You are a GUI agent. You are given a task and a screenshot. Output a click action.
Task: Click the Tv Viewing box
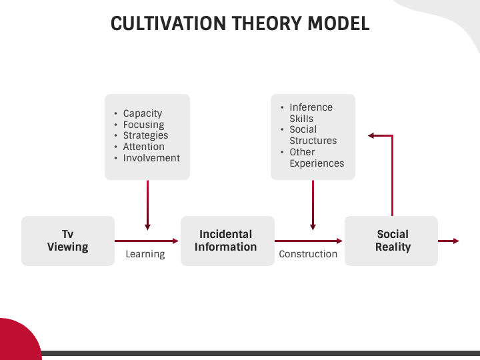click(67, 241)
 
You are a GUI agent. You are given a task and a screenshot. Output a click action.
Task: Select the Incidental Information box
click(226, 241)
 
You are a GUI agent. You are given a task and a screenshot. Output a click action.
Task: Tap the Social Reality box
click(392, 241)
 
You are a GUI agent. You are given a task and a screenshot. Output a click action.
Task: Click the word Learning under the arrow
click(145, 254)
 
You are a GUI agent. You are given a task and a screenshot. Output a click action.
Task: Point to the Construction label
click(308, 254)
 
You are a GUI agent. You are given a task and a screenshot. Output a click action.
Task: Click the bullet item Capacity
click(142, 113)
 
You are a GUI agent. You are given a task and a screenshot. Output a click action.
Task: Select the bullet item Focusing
click(143, 125)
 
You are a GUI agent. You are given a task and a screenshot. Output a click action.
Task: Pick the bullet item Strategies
click(145, 135)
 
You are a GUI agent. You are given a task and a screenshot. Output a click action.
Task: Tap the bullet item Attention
click(143, 147)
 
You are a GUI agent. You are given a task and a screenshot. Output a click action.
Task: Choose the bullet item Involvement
click(151, 158)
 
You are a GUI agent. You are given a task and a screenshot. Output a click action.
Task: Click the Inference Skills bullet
click(311, 113)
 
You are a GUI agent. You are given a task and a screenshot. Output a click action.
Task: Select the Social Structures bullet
click(313, 135)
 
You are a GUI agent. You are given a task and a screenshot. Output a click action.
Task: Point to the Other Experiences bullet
click(316, 157)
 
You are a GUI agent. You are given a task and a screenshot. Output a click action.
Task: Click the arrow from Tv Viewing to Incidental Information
click(147, 241)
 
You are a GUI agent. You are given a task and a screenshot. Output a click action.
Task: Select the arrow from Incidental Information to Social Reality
click(309, 241)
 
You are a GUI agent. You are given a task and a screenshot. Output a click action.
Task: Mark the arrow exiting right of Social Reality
click(448, 241)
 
